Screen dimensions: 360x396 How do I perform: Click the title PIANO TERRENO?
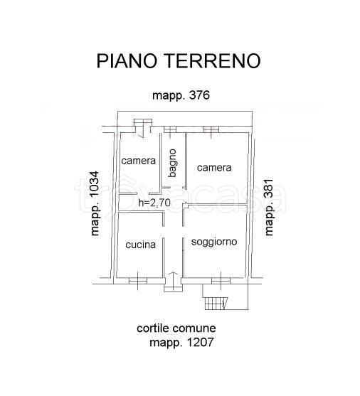pos(179,60)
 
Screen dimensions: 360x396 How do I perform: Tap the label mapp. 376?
pos(181,95)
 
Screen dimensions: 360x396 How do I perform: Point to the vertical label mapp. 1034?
pos(95,203)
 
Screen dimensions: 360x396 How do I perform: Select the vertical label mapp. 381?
pos(269,207)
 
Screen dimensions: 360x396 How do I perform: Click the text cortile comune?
pos(176,328)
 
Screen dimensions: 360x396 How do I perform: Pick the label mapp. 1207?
pos(181,343)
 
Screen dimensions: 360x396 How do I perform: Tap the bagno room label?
pos(173,163)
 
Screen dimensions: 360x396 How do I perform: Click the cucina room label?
pos(140,245)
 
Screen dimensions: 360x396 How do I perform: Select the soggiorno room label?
pos(214,242)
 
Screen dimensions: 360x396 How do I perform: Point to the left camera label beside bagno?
pos(138,161)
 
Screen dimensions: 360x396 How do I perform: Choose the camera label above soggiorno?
pos(214,168)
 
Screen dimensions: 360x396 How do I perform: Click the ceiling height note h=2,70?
pos(154,203)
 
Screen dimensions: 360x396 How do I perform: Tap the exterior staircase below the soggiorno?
pos(216,304)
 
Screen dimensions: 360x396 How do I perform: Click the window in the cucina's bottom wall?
pos(138,281)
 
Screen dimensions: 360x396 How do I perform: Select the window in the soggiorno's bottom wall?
pos(221,281)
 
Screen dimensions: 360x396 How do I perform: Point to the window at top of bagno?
pos(170,130)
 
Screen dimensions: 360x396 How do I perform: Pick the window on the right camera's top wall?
pos(211,130)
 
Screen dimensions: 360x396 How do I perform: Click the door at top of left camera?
pos(143,129)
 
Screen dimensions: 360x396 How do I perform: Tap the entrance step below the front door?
pos(173,288)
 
